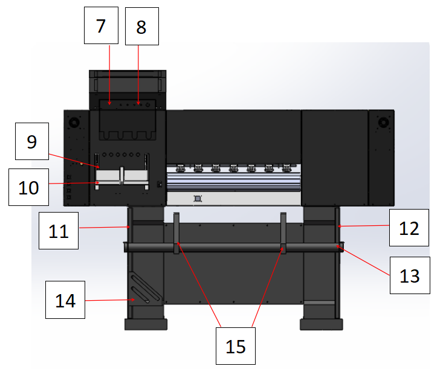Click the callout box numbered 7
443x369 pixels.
(x=100, y=26)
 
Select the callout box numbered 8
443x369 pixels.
(x=141, y=26)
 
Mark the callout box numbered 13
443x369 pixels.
(x=409, y=275)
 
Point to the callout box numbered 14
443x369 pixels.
(x=66, y=300)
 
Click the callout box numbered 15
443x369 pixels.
(x=236, y=346)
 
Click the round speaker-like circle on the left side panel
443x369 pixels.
(x=74, y=123)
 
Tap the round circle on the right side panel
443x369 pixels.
(x=382, y=123)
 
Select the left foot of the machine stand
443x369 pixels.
(x=145, y=324)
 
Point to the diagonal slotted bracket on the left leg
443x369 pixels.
(x=145, y=289)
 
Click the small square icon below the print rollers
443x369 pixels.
(x=196, y=197)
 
